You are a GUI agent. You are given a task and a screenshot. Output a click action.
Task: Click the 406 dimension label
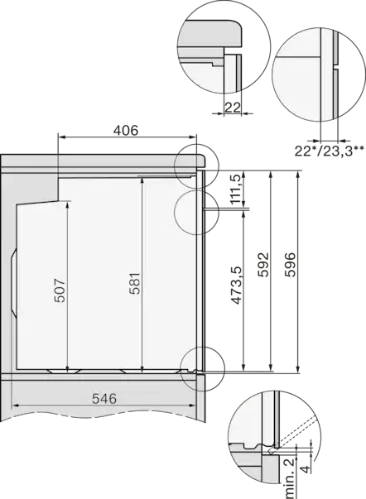[x=126, y=130]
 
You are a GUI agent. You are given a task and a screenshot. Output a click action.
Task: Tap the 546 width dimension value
[x=104, y=398]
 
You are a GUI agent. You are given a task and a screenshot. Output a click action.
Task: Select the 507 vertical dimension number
[x=60, y=290]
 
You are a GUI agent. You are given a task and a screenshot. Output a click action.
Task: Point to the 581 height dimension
[x=135, y=283]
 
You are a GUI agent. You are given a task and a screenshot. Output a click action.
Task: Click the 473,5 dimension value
[x=236, y=285]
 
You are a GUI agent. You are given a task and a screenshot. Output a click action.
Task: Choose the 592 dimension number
[x=263, y=265]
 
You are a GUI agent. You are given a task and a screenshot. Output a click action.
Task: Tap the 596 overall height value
[x=290, y=265]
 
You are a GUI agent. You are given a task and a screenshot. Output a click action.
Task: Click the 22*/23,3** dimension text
[x=329, y=151]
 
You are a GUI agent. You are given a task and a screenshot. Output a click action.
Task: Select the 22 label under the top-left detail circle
[x=232, y=108]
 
